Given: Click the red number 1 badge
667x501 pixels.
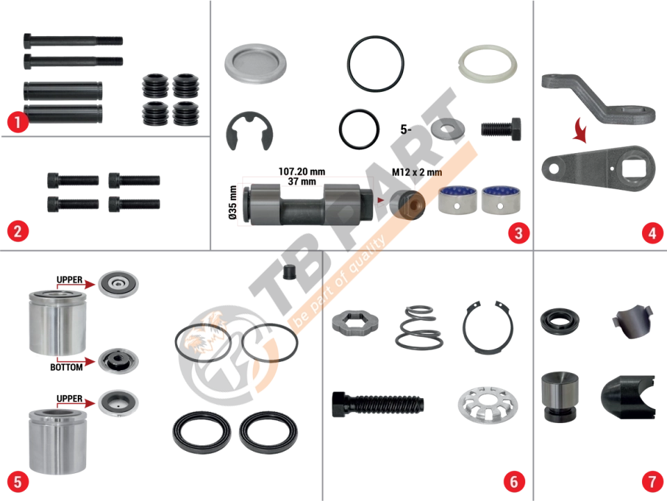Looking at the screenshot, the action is pos(17,122).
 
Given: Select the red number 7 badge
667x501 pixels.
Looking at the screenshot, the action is pos(652,482).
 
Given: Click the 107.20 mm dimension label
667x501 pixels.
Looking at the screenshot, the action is pos(302,172).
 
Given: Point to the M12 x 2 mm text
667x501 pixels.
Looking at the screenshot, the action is pos(417,172).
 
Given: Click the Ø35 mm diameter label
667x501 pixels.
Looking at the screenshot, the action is pos(233,202).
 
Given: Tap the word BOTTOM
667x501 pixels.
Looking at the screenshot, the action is pos(67,367).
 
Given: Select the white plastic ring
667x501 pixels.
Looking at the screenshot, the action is pos(488,64).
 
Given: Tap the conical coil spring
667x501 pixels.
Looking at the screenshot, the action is pos(419,327).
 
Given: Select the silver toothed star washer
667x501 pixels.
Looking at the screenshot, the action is pos(488,405).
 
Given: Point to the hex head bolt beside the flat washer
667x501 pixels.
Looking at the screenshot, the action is pos(501,129).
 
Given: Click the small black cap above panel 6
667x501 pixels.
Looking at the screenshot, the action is pos(289,272).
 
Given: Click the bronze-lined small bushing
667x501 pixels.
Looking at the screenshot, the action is pos(408,205).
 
